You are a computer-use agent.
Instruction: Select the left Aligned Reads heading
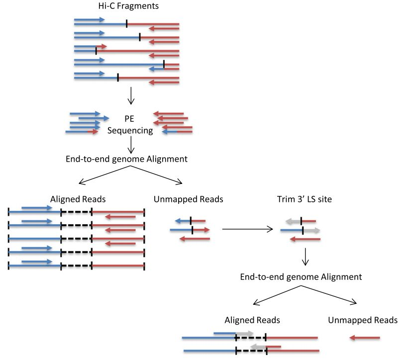pos(78,199)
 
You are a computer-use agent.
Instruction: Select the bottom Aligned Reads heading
pos(252,320)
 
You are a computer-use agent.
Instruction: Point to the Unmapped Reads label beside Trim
pos(189,199)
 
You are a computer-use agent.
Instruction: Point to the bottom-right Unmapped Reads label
pos(363,320)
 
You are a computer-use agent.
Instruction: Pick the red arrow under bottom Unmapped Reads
pos(364,338)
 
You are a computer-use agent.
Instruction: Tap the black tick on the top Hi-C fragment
pos(126,23)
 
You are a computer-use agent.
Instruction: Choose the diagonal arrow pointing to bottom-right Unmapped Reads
pos(338,296)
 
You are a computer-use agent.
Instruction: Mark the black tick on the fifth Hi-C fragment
pos(117,78)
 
